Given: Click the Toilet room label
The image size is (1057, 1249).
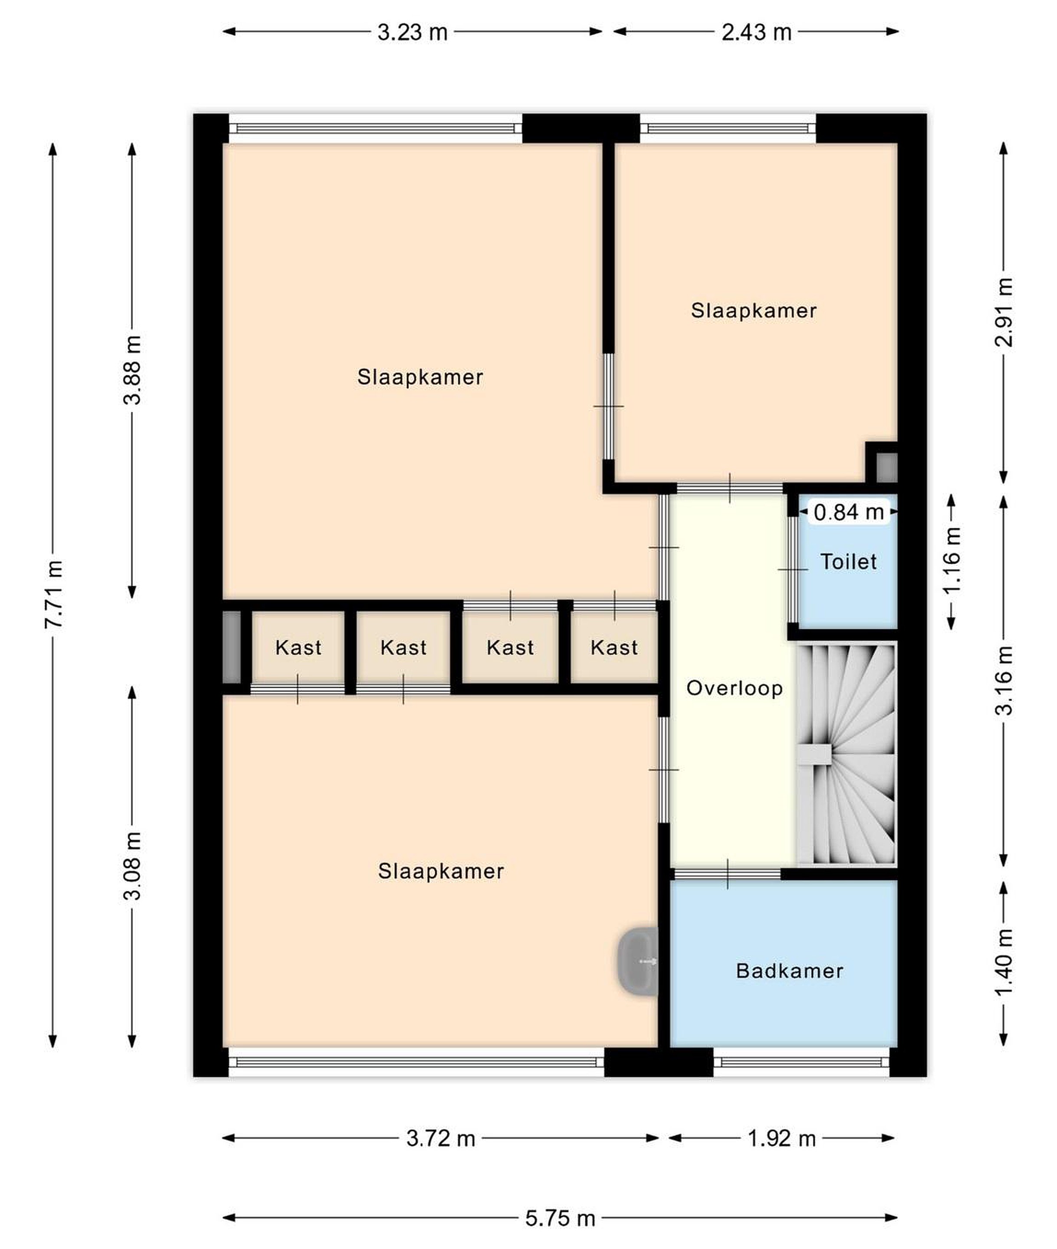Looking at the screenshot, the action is [848, 562].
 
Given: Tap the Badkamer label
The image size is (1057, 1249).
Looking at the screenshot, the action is [789, 971].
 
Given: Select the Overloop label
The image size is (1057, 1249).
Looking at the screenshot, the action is [735, 688].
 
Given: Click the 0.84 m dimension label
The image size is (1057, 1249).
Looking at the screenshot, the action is [848, 512].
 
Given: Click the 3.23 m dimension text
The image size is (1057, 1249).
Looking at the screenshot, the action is [412, 32].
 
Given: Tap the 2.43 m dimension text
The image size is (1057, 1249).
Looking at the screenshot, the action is [756, 32].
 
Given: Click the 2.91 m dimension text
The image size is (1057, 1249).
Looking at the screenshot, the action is [1004, 313].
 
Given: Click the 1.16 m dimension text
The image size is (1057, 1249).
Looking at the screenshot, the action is [951, 560].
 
